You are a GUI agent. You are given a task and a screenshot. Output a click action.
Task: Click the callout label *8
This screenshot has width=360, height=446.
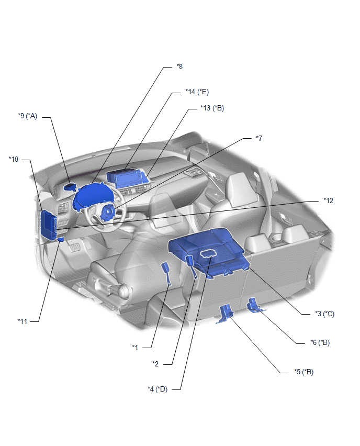[x=179, y=66]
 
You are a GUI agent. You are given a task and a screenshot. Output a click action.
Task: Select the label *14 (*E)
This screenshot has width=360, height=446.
[x=197, y=92]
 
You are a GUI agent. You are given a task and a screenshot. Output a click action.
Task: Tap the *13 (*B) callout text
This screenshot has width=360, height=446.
[x=212, y=108]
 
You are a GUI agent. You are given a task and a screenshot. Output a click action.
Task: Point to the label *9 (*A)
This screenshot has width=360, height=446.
[x=28, y=116]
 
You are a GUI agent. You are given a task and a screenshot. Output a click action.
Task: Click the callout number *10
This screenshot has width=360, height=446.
[x=14, y=159]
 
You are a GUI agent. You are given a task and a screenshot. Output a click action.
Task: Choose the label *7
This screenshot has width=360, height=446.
[x=259, y=138]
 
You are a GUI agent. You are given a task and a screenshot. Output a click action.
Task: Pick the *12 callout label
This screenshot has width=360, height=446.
[x=329, y=200]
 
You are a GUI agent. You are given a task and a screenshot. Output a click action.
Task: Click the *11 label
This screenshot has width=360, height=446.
[x=22, y=321]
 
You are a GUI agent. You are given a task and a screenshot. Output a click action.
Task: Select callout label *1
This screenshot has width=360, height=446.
[x=135, y=347]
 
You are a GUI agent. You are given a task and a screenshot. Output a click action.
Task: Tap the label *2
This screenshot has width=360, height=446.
[x=155, y=364]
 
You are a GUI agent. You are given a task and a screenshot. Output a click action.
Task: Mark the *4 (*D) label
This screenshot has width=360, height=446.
[x=157, y=389]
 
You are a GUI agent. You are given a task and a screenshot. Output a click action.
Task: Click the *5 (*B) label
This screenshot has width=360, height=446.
[x=303, y=372]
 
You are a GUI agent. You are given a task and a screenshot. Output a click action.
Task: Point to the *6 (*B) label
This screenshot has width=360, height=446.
[x=320, y=342]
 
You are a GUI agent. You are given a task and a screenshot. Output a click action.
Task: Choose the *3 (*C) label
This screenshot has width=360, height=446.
[x=324, y=314]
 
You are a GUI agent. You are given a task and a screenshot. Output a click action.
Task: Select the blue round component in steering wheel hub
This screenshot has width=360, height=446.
[x=108, y=213]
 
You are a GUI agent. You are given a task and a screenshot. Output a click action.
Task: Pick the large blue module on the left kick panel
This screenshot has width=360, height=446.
[x=49, y=225]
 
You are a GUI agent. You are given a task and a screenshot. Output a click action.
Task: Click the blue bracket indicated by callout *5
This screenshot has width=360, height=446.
[x=226, y=314]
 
